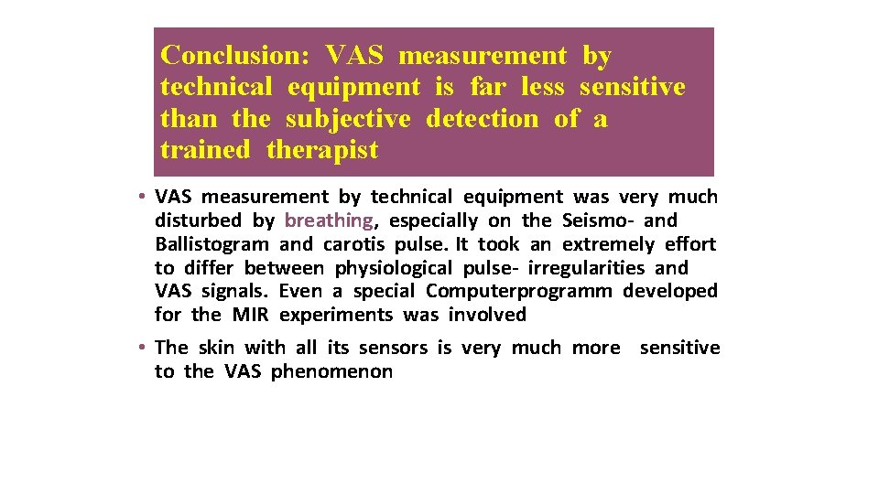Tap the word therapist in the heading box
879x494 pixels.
point(322,150)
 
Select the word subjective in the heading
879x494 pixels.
point(347,119)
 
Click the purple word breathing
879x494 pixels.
point(329,220)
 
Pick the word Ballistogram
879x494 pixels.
point(212,244)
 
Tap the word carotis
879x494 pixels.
point(354,244)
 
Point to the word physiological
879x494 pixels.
point(394,268)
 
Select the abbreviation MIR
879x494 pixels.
point(250,315)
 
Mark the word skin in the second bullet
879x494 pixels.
point(217,348)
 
